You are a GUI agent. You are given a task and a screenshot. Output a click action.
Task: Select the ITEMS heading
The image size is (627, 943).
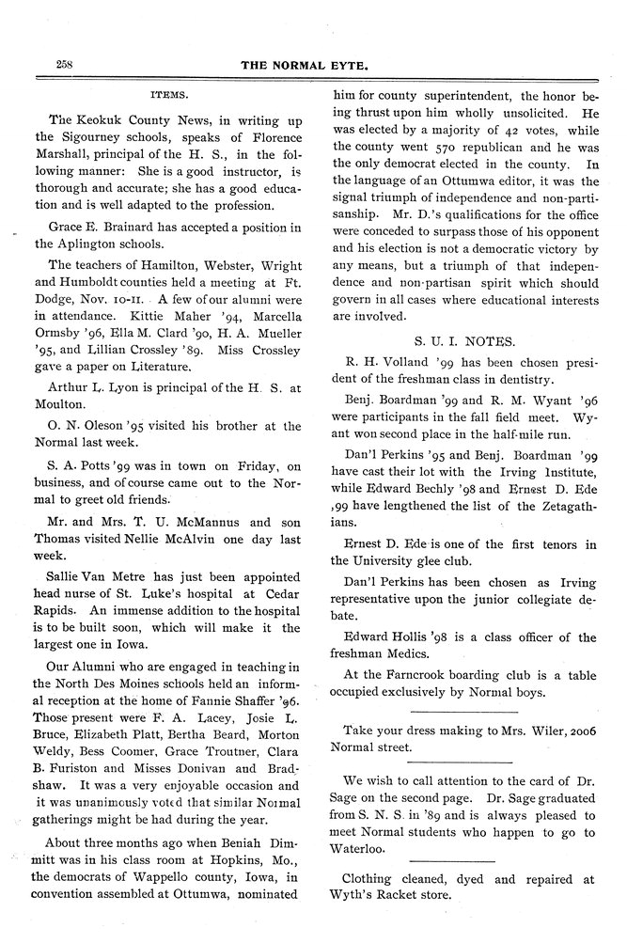tap(171, 95)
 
